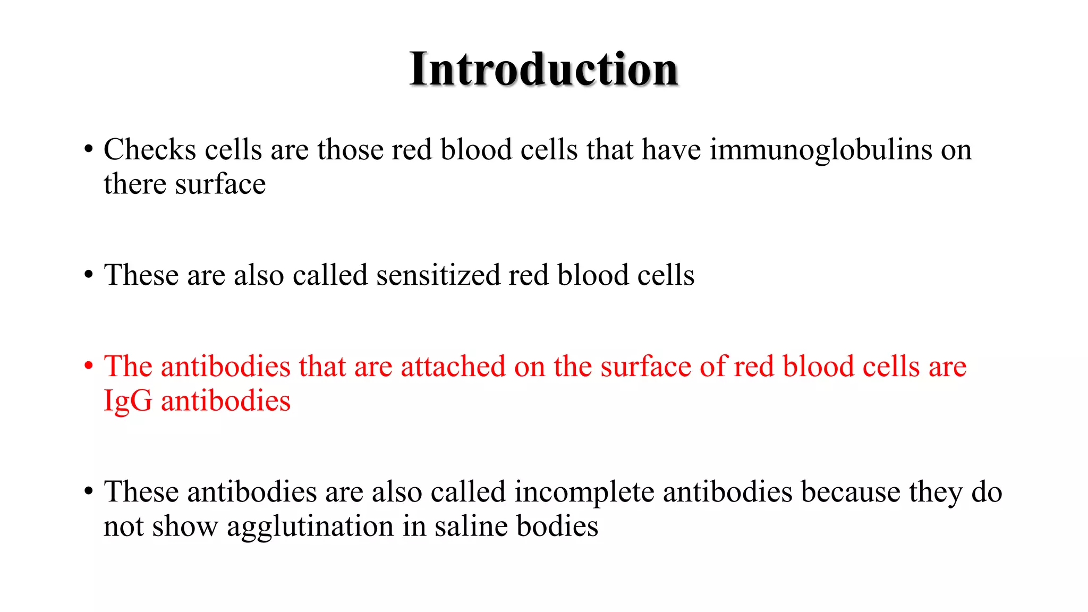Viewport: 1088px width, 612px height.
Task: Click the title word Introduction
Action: (543, 70)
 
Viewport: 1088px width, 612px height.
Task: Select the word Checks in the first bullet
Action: (150, 150)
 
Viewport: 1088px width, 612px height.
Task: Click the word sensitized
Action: (438, 275)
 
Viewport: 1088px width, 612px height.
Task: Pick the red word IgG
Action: (127, 402)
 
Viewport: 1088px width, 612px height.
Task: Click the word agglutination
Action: (310, 528)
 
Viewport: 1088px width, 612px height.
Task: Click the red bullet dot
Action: (89, 366)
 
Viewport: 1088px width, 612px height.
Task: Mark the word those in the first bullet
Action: (350, 150)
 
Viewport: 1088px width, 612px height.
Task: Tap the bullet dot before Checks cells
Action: (89, 149)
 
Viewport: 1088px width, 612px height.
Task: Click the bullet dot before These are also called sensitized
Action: (89, 275)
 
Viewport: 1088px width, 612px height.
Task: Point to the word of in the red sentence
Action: (712, 367)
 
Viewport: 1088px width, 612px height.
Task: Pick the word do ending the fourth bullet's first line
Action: (987, 492)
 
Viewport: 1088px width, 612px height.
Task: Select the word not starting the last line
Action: (123, 526)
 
